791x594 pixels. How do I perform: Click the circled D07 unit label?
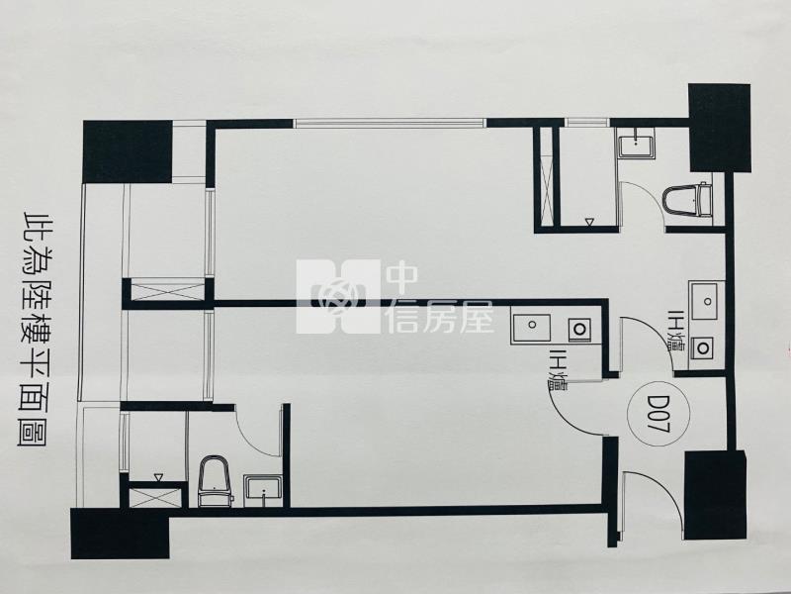point(654,413)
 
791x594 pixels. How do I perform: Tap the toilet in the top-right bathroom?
point(687,201)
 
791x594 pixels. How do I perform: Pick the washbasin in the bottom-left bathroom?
point(262,490)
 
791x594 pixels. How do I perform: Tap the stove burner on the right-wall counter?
point(702,347)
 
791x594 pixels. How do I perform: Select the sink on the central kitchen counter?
point(532,326)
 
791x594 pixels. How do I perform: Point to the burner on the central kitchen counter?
point(579,329)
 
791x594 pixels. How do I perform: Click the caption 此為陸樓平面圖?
point(35,330)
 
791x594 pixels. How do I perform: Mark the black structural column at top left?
point(128,151)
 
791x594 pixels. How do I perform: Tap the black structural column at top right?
point(720,129)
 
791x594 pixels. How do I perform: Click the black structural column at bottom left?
point(120,533)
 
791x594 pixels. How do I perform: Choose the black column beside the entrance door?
point(716,496)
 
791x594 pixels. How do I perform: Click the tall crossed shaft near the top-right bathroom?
point(547,177)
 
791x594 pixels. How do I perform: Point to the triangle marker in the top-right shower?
point(589,221)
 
